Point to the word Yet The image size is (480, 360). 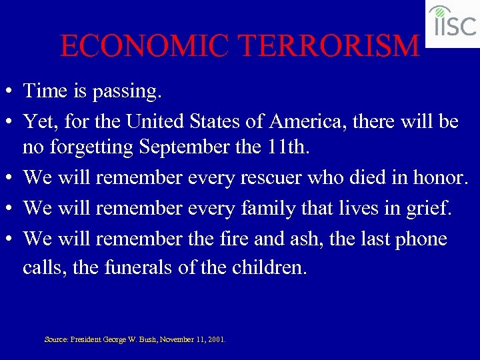click(x=39, y=121)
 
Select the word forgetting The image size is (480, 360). click(x=97, y=147)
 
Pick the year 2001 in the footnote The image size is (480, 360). click(x=215, y=339)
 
